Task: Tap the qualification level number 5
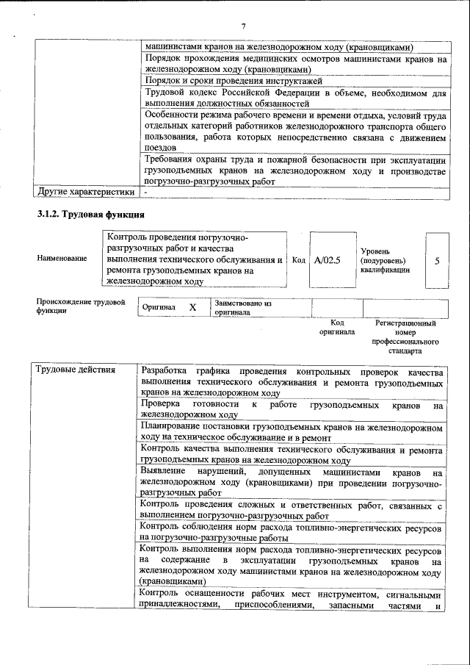point(437,260)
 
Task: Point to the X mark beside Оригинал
point(192,307)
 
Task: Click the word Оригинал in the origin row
point(159,307)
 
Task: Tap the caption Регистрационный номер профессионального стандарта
point(405,337)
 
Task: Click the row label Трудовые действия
point(76,370)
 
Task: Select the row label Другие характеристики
point(86,192)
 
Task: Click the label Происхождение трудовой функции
point(80,306)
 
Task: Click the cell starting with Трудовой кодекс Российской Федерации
point(293,98)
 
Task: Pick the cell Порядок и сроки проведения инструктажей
point(293,81)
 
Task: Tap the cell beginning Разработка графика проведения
point(292,381)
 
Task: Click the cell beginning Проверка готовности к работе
point(292,410)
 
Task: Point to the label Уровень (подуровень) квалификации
point(385,260)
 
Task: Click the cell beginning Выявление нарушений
point(292,481)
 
